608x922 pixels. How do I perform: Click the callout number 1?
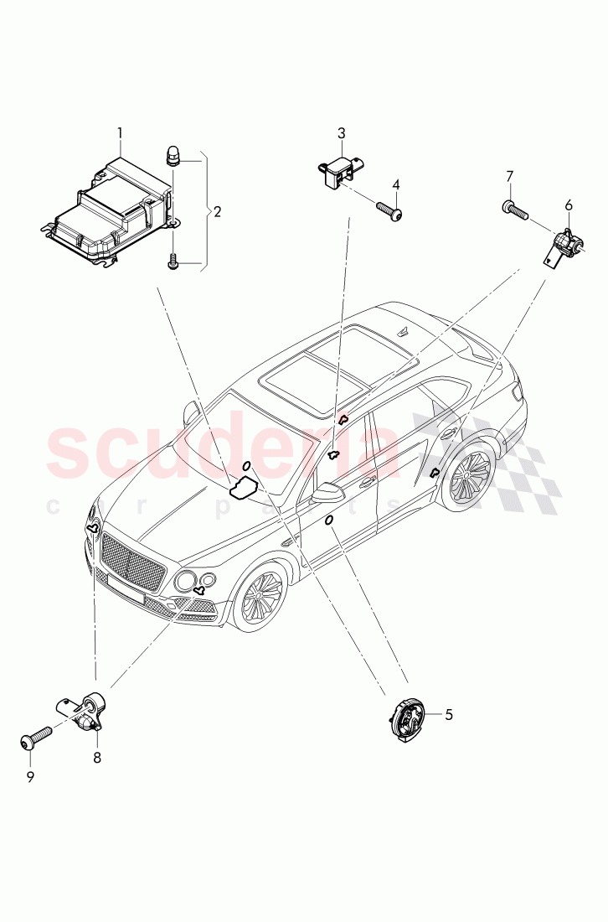[120, 132]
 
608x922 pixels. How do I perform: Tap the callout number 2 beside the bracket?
[217, 212]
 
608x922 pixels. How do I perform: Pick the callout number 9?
[30, 777]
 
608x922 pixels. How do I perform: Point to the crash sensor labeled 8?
[84, 712]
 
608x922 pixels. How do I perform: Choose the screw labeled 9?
[36, 738]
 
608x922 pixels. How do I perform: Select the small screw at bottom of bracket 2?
[174, 263]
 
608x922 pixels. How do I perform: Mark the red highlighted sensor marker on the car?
[342, 419]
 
